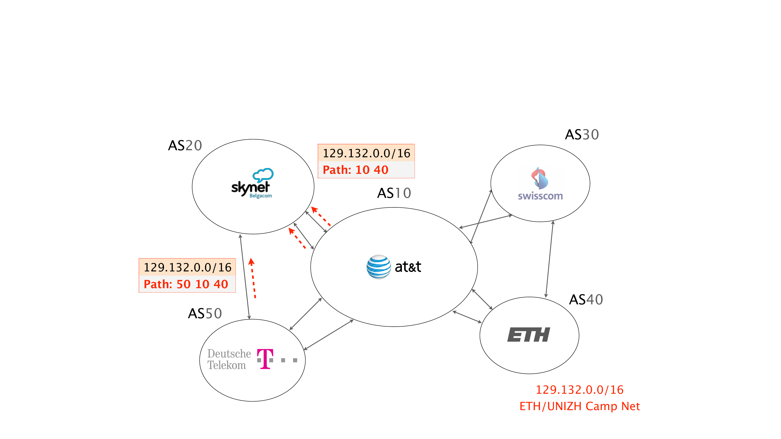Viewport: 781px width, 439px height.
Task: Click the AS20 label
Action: coord(185,145)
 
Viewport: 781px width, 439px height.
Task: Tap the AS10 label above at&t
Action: coord(394,193)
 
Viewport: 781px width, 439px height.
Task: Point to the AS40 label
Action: coord(586,300)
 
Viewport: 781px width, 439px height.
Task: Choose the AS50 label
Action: coord(205,313)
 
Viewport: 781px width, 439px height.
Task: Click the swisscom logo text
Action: coord(540,196)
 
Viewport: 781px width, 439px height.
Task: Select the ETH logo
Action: coord(529,335)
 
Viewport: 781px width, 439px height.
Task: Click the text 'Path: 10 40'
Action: coord(355,170)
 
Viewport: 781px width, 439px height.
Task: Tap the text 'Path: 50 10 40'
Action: coord(185,284)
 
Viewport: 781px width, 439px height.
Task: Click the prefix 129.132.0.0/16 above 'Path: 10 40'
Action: coord(366,153)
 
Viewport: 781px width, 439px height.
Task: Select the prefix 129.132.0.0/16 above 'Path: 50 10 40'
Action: coord(187,267)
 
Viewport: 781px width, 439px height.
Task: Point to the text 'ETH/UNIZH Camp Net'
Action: coord(579,406)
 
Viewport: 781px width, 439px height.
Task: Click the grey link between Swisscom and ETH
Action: coord(549,259)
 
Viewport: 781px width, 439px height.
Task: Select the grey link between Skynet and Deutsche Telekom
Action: coord(245,277)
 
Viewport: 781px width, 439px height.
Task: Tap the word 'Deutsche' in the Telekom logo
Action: coord(229,354)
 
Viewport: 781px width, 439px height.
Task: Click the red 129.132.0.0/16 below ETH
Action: coord(579,390)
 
